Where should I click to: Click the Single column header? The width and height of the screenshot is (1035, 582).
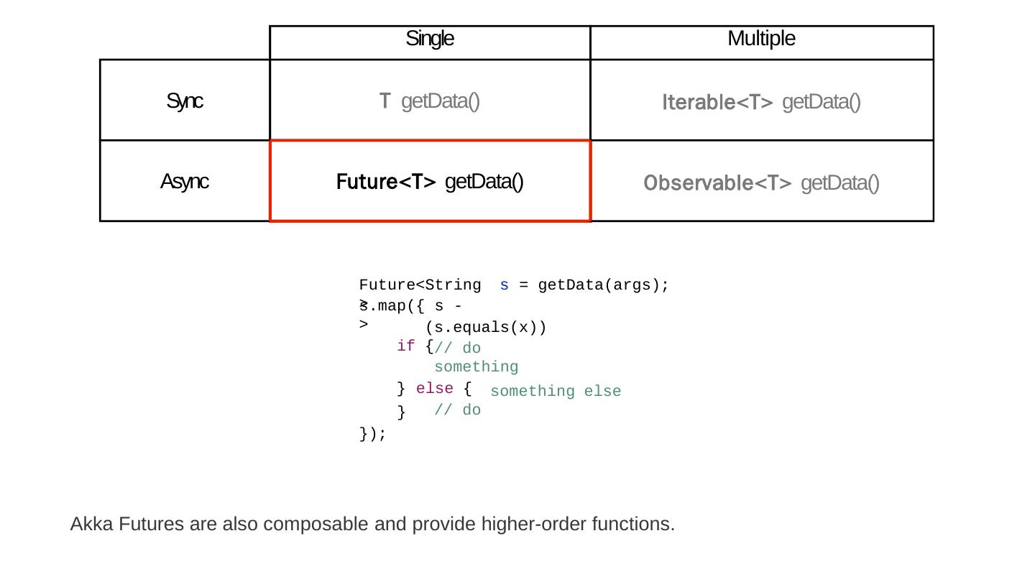(x=430, y=39)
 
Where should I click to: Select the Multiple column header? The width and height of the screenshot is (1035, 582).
(x=761, y=39)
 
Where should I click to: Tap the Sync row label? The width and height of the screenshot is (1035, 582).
(x=185, y=101)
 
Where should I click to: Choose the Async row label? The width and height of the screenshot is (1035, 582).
(x=185, y=182)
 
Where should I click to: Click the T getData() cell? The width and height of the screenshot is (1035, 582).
(x=430, y=101)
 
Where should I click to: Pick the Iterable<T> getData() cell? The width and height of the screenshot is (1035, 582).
(x=761, y=102)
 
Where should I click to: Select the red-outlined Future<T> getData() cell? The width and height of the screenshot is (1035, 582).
(x=430, y=182)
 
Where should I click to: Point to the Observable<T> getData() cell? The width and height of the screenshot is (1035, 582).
(x=761, y=183)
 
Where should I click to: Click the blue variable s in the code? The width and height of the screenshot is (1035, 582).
(x=505, y=285)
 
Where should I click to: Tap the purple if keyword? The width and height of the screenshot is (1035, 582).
(x=405, y=346)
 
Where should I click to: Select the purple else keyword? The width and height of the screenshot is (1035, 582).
(x=434, y=389)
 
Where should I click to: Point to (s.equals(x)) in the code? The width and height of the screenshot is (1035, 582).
(x=486, y=328)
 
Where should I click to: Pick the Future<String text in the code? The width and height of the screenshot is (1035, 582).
(x=420, y=285)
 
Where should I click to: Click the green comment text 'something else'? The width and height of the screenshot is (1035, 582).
(x=556, y=391)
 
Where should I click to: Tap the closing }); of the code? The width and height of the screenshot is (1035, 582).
(x=372, y=434)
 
